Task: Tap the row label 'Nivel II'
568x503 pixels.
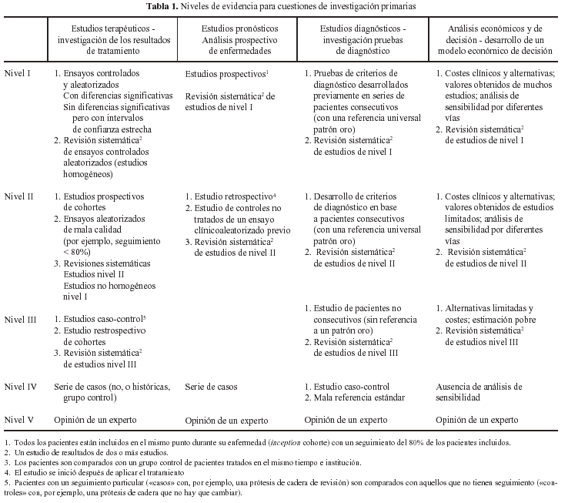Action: pyautogui.click(x=20, y=196)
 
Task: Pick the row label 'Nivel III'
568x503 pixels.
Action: pyautogui.click(x=22, y=319)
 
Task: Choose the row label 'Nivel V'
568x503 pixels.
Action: pyautogui.click(x=19, y=419)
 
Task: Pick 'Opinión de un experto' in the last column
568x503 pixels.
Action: pyautogui.click(x=477, y=420)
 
